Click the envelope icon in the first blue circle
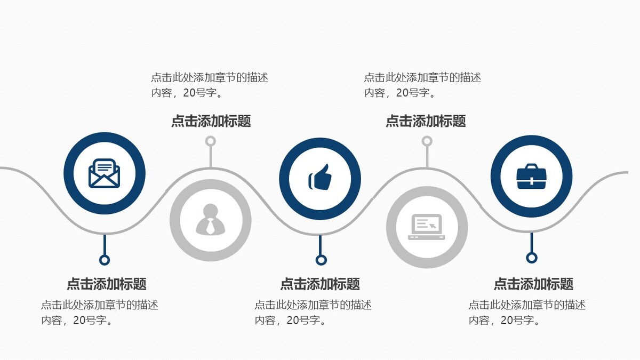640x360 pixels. tap(105, 173)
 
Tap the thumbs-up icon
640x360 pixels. tap(320, 177)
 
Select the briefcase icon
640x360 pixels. tap(531, 177)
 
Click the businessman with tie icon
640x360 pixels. tap(211, 219)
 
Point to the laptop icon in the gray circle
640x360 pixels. tap(427, 227)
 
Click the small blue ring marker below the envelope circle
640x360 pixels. tap(105, 260)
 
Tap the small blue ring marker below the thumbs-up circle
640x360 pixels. tap(321, 260)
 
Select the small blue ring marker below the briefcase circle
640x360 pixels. tap(532, 258)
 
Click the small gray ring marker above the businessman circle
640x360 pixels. tap(211, 141)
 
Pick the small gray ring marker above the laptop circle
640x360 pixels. tap(427, 141)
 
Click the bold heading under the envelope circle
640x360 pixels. tap(107, 284)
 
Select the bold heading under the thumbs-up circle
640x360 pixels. tap(320, 284)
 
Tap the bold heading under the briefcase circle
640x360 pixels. tap(533, 284)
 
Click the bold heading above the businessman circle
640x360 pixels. tap(211, 121)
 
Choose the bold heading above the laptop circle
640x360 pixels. tap(426, 121)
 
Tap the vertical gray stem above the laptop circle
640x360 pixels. tap(427, 157)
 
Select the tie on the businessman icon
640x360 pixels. tap(211, 226)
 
